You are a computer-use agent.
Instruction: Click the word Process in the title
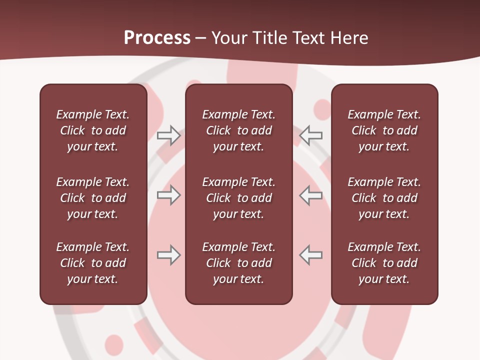click(157, 38)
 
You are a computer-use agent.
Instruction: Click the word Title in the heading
click(268, 38)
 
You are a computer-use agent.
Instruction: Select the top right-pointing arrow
click(169, 135)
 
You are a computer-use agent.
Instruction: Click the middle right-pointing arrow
click(169, 195)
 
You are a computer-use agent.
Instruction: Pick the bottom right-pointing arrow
click(169, 255)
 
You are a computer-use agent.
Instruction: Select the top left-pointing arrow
click(311, 135)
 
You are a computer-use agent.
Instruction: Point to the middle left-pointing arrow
click(311, 195)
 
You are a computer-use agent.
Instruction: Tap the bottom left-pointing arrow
click(311, 255)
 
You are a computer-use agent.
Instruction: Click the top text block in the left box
click(93, 130)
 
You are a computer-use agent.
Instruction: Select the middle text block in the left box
click(93, 198)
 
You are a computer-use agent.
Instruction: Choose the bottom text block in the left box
click(93, 263)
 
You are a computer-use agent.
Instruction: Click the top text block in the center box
click(239, 130)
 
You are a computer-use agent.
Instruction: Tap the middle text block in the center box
click(239, 198)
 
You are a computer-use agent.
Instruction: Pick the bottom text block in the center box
click(239, 263)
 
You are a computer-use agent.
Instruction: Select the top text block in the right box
click(384, 130)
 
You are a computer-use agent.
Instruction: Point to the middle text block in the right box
click(384, 198)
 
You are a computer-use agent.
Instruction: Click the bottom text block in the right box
click(384, 263)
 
